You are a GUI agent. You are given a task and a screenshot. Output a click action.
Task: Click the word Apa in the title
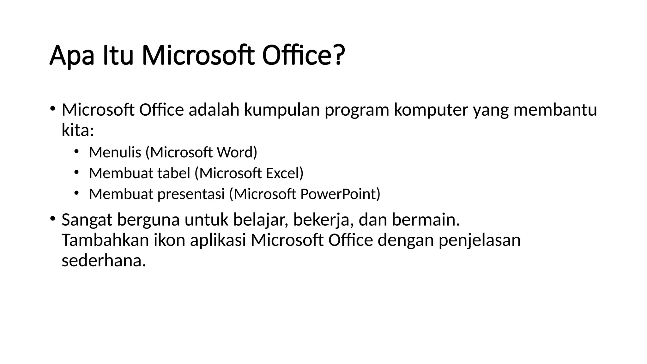[x=72, y=56]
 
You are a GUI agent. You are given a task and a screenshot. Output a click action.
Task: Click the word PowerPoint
[x=339, y=194]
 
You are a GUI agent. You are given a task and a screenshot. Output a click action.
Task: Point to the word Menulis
[x=115, y=152]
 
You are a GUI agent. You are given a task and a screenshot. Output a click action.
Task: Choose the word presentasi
[x=191, y=194]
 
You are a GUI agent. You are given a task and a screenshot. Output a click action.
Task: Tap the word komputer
[x=431, y=110]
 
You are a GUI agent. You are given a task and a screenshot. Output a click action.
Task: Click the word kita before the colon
[x=76, y=130]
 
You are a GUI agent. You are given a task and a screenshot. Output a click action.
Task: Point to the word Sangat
[x=87, y=220]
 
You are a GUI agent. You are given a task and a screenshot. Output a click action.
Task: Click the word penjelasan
[x=479, y=241]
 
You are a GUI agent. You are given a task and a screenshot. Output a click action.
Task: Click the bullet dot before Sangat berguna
[x=52, y=218]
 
